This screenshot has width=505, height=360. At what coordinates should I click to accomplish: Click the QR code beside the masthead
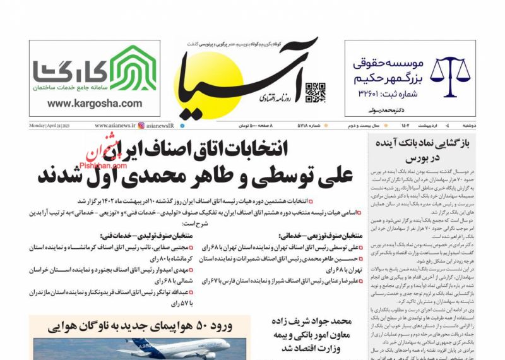tap(316, 93)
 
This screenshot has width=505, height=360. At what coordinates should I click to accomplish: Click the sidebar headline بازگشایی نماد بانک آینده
tap(424, 144)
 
